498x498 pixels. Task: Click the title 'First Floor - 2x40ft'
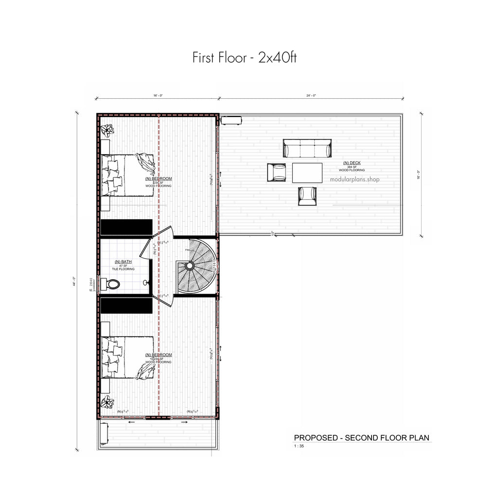pos(244,58)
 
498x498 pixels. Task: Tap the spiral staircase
pos(196,266)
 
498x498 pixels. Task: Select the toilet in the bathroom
pos(112,284)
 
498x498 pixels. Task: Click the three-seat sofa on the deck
pos(307,148)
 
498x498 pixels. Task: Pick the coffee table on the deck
pos(307,173)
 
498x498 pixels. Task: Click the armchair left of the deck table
pos(276,172)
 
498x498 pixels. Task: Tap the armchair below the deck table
pos(307,196)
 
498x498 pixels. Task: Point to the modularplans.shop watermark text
pos(355,179)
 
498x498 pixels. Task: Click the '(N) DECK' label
pos(352,163)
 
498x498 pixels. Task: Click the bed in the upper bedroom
pos(127,175)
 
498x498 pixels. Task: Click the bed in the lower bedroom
pos(127,357)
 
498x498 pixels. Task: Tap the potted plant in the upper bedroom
pos(107,130)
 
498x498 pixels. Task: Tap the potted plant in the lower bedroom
pos(107,402)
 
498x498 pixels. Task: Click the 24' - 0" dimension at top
pos(311,96)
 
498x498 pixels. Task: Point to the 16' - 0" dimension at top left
pos(157,96)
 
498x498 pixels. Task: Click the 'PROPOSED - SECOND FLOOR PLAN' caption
pos(361,438)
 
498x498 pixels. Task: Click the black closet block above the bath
pos(126,227)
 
